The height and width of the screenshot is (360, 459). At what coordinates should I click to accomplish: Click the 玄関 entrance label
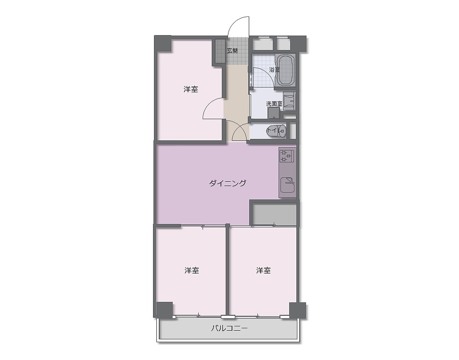click(232, 50)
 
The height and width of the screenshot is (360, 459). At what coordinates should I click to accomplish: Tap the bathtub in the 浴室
click(285, 70)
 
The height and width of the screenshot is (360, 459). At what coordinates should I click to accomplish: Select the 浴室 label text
click(274, 70)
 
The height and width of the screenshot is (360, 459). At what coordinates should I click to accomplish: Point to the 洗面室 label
click(274, 103)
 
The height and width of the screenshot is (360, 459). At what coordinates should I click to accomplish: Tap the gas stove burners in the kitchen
click(286, 156)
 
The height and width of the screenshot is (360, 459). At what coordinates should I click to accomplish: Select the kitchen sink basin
click(287, 185)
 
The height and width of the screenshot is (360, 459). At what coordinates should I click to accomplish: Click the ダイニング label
click(228, 183)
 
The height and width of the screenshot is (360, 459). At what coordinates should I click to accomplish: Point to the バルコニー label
click(229, 328)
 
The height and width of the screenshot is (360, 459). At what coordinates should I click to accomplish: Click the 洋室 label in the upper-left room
click(191, 89)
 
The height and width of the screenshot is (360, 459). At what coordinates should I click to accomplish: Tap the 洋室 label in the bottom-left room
click(192, 271)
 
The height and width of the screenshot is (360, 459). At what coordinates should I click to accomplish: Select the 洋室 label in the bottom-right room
click(264, 271)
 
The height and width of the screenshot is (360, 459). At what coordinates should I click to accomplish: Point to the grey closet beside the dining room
click(275, 215)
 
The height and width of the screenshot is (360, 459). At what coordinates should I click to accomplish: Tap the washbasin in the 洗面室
click(289, 101)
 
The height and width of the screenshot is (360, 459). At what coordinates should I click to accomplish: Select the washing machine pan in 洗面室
click(274, 113)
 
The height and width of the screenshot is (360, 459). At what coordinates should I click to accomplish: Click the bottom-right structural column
click(298, 310)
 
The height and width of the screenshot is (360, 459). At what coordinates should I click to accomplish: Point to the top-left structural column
click(163, 44)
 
